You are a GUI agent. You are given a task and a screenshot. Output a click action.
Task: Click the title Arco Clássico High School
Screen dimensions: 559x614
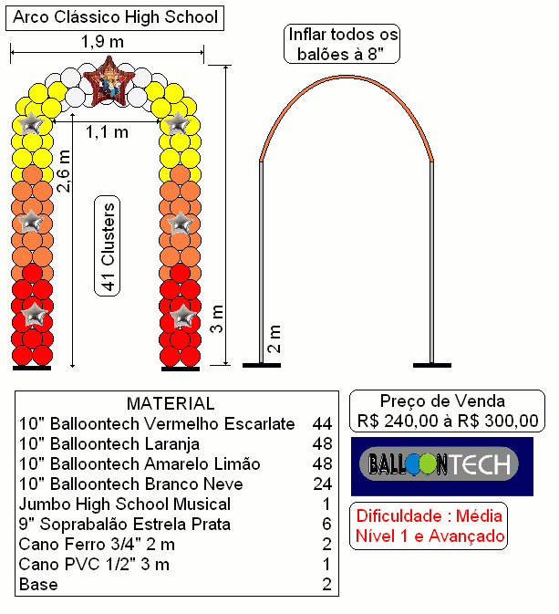click(x=115, y=17)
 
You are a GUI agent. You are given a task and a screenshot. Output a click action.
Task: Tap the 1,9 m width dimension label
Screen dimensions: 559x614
click(x=102, y=41)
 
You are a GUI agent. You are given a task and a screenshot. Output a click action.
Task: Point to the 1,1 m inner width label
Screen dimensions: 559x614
click(x=107, y=132)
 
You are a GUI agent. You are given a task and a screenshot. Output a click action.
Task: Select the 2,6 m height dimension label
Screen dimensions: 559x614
click(x=63, y=171)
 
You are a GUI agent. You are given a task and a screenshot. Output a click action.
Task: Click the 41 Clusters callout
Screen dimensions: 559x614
click(x=108, y=246)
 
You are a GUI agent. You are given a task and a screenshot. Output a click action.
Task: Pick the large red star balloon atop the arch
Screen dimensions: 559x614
click(x=109, y=82)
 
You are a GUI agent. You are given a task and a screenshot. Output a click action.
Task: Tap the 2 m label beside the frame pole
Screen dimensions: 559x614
click(x=274, y=338)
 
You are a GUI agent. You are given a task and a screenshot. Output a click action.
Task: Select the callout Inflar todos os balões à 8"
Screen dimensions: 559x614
click(x=342, y=44)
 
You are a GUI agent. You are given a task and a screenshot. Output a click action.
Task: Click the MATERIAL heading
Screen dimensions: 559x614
click(x=171, y=403)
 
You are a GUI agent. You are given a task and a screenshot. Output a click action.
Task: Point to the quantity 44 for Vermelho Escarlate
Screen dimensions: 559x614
click(x=322, y=423)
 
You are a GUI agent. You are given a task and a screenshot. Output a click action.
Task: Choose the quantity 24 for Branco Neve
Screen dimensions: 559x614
click(x=322, y=484)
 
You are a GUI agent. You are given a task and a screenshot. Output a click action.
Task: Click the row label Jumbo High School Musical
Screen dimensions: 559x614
click(x=125, y=505)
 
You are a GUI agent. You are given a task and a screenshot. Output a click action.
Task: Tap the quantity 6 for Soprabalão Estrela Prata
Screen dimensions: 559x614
click(x=326, y=525)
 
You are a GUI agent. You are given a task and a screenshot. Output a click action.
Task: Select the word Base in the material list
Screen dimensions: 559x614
click(x=38, y=585)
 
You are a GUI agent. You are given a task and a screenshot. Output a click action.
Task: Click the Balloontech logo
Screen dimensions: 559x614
click(x=442, y=466)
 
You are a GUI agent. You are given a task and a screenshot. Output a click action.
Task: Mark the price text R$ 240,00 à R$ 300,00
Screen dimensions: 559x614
click(x=448, y=421)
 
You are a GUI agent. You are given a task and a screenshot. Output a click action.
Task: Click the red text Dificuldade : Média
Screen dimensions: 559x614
click(x=429, y=516)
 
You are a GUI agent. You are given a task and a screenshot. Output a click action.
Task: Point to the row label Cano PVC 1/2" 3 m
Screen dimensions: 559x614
click(x=94, y=565)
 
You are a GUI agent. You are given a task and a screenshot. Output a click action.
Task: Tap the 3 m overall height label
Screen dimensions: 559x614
click(x=216, y=318)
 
